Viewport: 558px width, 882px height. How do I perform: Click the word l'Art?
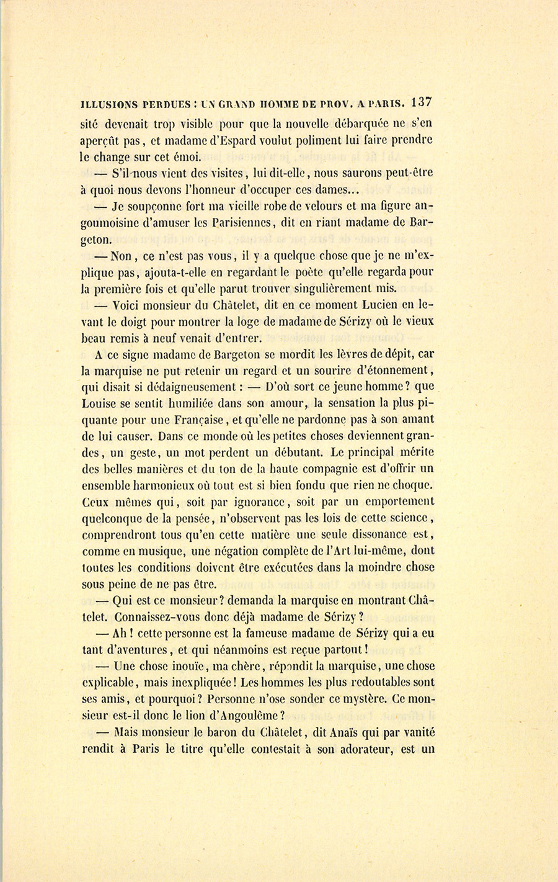click(354, 550)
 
